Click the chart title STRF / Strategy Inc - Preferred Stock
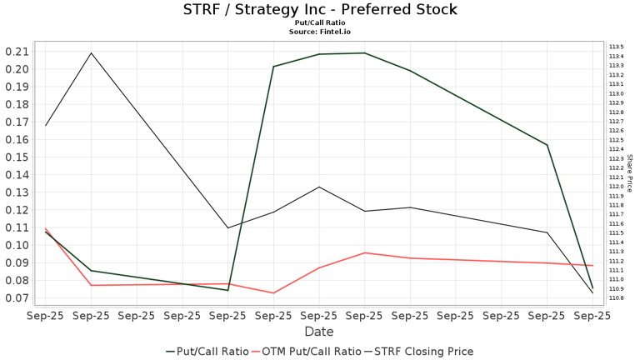[320, 10]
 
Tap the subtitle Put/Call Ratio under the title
[320, 22]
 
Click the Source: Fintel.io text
[320, 32]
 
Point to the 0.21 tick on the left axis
[17, 52]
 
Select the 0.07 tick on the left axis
[17, 297]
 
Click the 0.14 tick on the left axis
[17, 175]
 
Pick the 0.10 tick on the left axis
[17, 245]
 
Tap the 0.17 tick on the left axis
[17, 122]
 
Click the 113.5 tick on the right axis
[617, 47]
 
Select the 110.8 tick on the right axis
[617, 297]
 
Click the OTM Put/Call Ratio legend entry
[312, 352]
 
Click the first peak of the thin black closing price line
[91, 53]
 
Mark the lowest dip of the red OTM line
[273, 292]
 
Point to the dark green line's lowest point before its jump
[227, 290]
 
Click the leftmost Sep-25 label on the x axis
[46, 316]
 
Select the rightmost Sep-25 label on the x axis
[592, 316]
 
